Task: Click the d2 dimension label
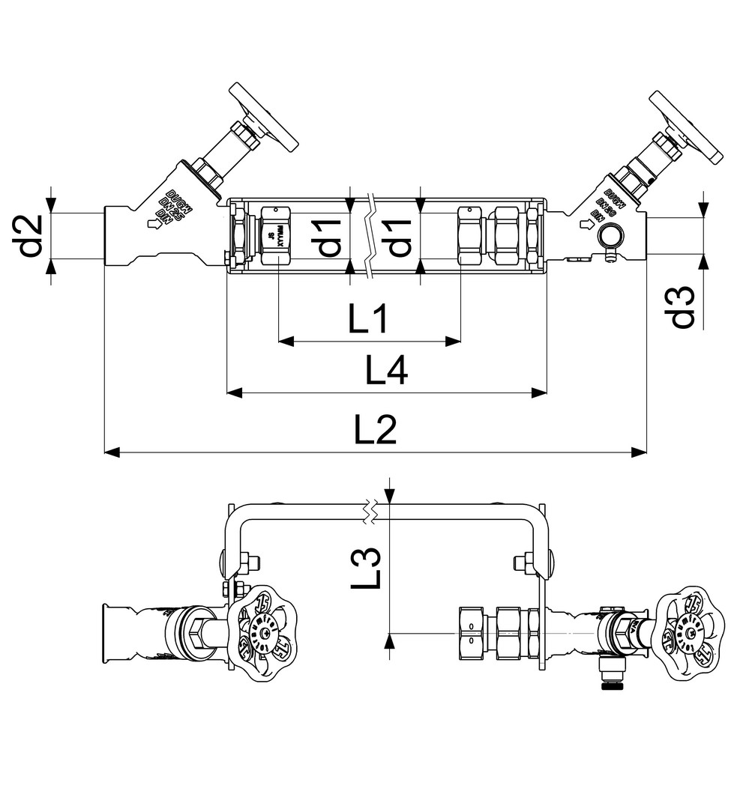coord(31,236)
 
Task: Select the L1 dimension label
coord(368,320)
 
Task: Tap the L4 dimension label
coord(386,370)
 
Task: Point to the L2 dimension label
coord(375,431)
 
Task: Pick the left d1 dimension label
coord(329,237)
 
